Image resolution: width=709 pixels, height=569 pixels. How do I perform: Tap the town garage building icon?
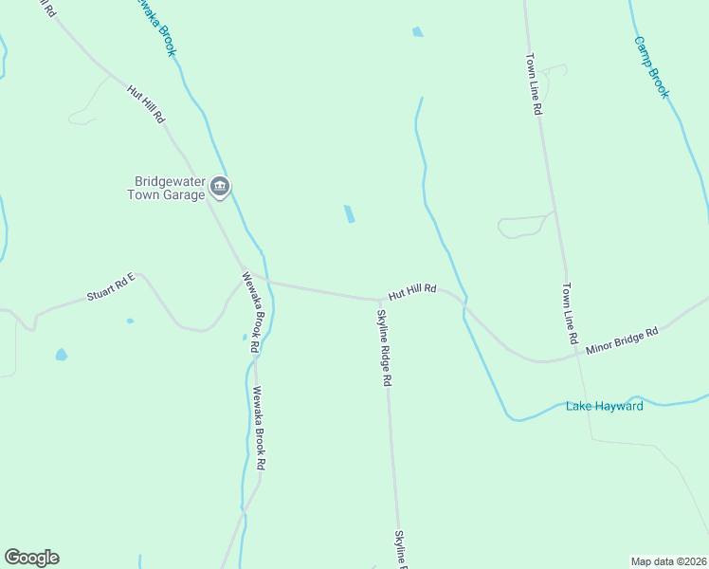(220, 188)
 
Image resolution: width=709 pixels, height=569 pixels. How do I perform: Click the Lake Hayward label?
(605, 407)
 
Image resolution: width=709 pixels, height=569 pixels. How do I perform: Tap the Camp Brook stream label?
(651, 67)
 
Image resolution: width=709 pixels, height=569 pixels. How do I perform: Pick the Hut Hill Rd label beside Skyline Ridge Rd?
(410, 291)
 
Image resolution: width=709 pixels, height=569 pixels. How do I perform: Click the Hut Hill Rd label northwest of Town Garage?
(147, 104)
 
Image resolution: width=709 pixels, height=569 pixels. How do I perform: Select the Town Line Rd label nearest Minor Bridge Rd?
(570, 314)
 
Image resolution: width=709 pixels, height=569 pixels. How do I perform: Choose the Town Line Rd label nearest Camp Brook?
(535, 83)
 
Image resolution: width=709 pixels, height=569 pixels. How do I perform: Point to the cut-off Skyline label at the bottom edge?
(401, 549)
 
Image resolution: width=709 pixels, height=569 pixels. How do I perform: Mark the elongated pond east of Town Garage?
(350, 214)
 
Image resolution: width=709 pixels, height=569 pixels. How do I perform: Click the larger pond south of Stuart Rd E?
(62, 355)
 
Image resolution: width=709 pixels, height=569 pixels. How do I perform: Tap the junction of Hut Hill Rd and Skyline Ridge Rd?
(380, 300)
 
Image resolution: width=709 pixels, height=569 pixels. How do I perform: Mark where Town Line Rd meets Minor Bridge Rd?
(575, 357)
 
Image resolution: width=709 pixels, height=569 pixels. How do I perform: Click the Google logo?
(31, 558)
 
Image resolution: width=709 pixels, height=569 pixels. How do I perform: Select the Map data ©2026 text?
(668, 560)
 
